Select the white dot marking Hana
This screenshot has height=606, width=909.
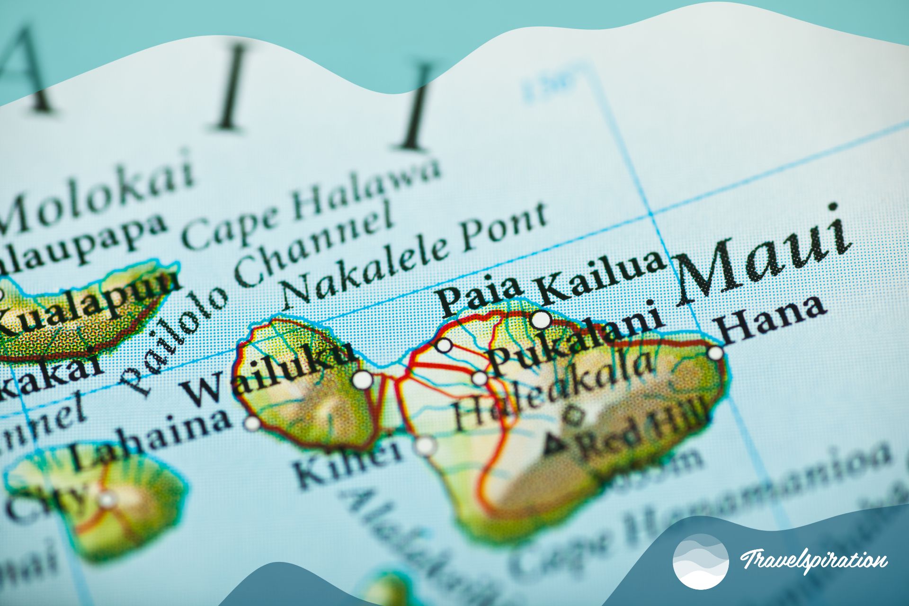coord(715,353)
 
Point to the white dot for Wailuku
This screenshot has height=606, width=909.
coord(363,379)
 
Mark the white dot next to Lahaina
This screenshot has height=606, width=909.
coord(253,423)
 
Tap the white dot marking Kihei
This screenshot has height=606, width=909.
coord(425,446)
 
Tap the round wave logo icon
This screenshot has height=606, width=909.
coord(701,561)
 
